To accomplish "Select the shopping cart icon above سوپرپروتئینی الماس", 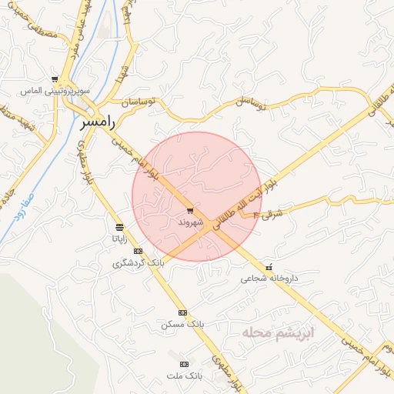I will pyautogui.click(x=54, y=79).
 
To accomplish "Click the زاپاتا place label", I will pyautogui.click(x=119, y=239).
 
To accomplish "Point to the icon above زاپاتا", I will pyautogui.click(x=119, y=227).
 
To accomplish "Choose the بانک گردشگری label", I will pyautogui.click(x=139, y=263).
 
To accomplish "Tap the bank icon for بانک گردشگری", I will pyautogui.click(x=139, y=252).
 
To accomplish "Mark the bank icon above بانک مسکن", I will pyautogui.click(x=182, y=312).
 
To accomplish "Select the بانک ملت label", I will pyautogui.click(x=183, y=376).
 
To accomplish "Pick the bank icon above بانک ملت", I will pyautogui.click(x=183, y=363).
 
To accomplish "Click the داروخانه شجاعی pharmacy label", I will pyautogui.click(x=267, y=279).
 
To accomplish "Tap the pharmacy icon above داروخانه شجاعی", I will pyautogui.click(x=268, y=268).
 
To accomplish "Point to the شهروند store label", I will pyautogui.click(x=190, y=222).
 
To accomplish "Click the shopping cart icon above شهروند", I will pyautogui.click(x=190, y=211).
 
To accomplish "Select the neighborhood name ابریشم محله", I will pyautogui.click(x=267, y=332).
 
